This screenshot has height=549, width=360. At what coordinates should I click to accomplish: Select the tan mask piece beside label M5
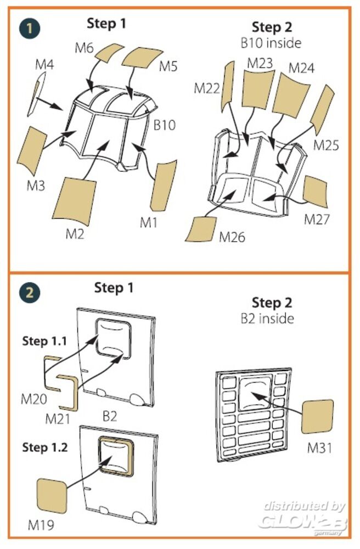pos(143,56)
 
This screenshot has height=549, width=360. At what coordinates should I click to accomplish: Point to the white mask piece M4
pos(36,93)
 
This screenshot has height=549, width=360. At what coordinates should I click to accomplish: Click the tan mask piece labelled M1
pos(164,186)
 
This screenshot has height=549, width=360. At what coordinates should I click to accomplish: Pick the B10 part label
pos(164,125)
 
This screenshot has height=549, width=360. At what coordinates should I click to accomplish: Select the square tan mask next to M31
pos(317,417)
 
